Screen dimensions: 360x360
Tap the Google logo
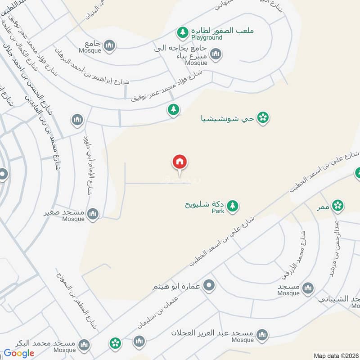point(19,353)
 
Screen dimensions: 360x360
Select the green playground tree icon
point(182,32)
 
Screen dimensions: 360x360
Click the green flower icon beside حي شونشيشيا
point(263,118)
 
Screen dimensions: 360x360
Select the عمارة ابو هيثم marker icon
point(209,285)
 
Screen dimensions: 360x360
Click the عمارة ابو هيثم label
point(179,285)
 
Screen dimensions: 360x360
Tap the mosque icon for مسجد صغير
point(93,214)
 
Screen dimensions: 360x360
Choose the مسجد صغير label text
point(64,211)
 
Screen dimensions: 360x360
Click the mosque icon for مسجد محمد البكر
point(83,346)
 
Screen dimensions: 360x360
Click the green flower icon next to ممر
point(337,206)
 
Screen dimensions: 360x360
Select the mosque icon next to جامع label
point(109,45)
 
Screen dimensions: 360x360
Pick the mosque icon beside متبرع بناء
point(216,54)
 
